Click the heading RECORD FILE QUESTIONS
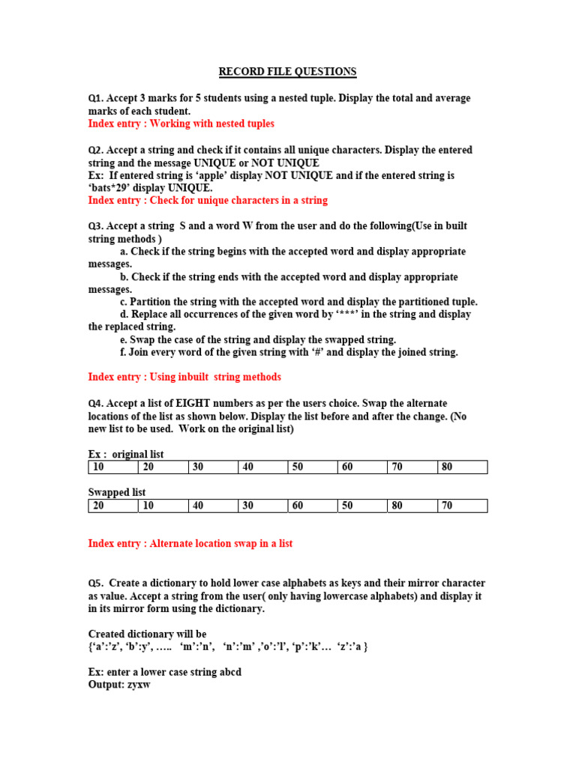point(287,72)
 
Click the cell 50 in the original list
point(298,467)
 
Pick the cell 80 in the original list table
point(447,467)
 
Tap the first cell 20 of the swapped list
point(98,506)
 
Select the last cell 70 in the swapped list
point(447,506)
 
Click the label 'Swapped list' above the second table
point(117,493)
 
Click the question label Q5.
point(96,583)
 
